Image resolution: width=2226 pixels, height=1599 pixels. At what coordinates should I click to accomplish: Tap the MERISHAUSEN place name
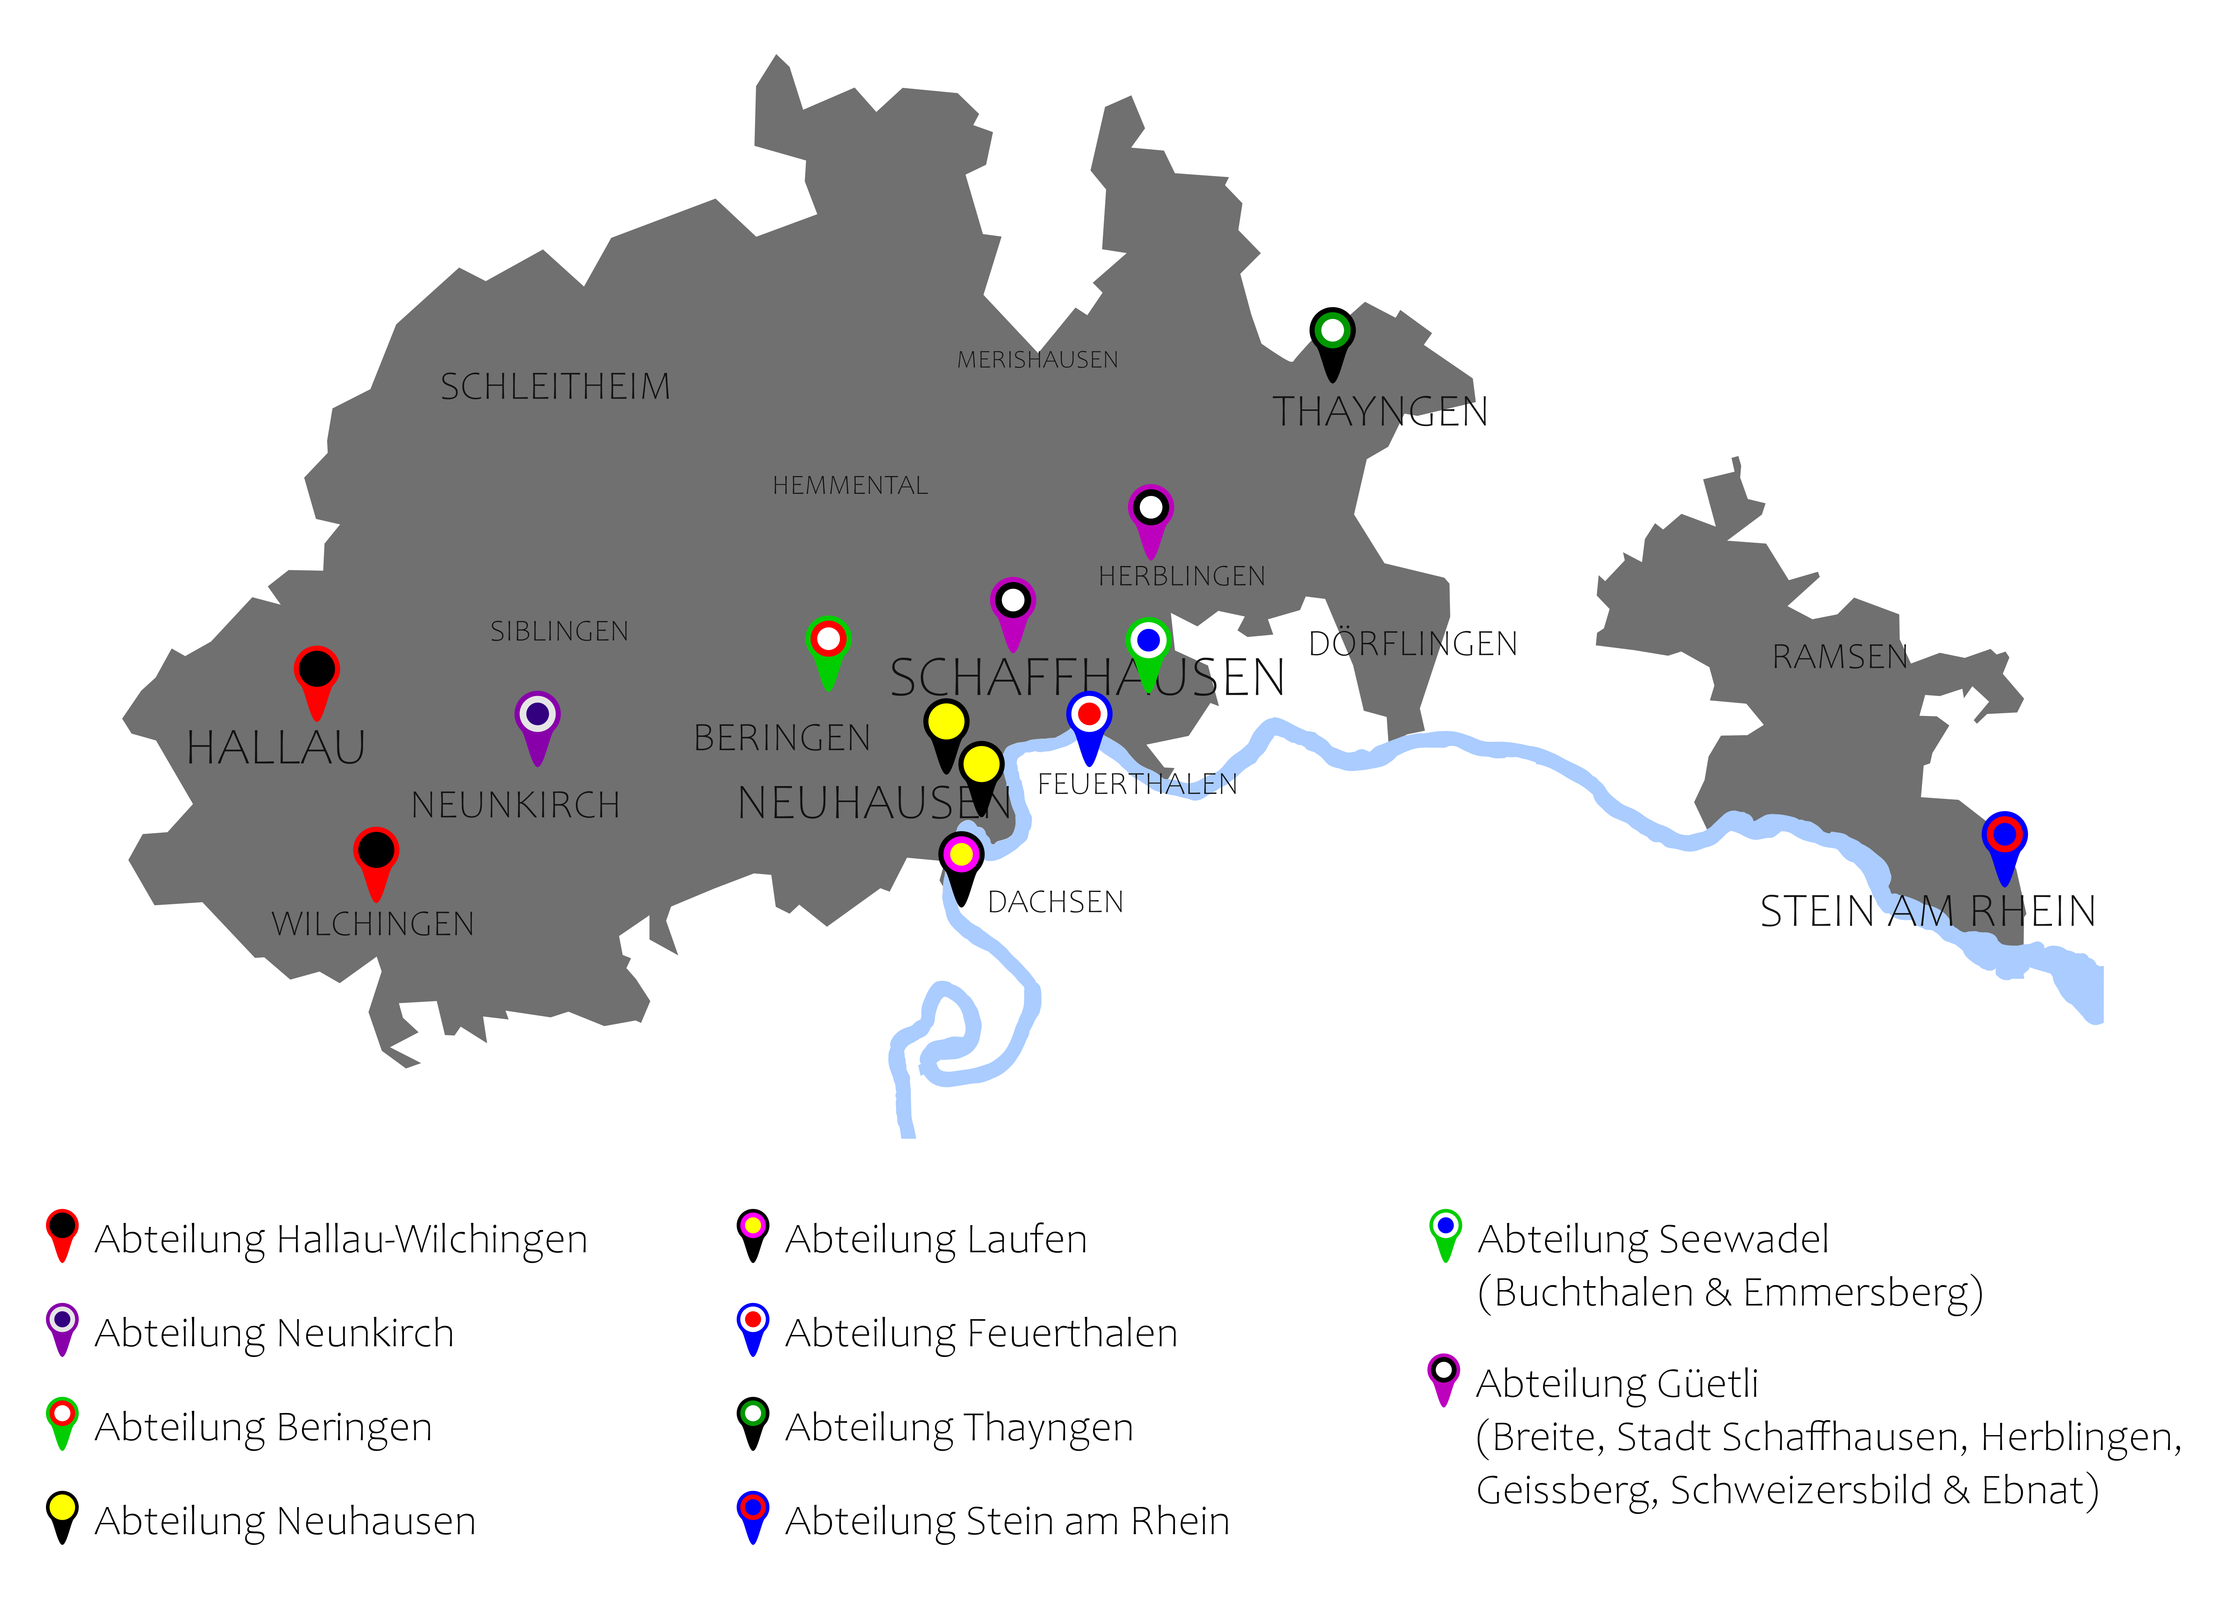click(x=1037, y=360)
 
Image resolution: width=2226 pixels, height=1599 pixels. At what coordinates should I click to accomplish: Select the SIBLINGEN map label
click(x=559, y=631)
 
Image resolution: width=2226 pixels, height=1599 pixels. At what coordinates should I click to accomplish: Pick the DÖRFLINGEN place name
click(x=1413, y=644)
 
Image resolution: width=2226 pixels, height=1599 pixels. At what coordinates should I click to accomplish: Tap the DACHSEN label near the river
click(x=1055, y=902)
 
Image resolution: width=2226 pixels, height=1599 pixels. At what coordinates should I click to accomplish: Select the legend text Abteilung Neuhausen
click(x=285, y=1522)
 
